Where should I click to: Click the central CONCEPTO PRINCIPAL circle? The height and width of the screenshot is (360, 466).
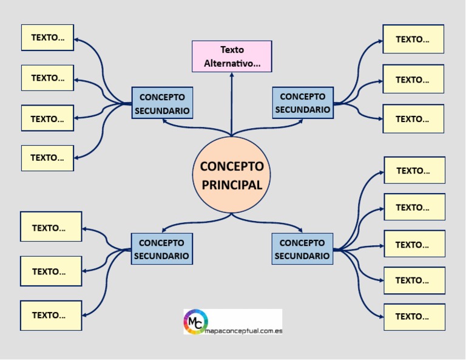pyautogui.click(x=231, y=175)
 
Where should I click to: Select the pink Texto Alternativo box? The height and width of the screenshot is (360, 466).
pyautogui.click(x=232, y=56)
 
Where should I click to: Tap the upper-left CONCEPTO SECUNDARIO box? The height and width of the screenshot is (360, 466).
pyautogui.click(x=162, y=103)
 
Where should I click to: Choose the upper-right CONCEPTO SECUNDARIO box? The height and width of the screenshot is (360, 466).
pyautogui.click(x=302, y=103)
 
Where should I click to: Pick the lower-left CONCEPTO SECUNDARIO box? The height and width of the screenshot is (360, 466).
pyautogui.click(x=161, y=249)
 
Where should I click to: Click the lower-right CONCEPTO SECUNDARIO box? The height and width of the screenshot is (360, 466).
pyautogui.click(x=302, y=249)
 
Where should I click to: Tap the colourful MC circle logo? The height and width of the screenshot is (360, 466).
pyautogui.click(x=196, y=322)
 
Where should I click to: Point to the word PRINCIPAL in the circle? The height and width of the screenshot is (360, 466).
pyautogui.click(x=232, y=185)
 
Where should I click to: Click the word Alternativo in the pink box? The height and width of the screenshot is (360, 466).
pyautogui.click(x=232, y=64)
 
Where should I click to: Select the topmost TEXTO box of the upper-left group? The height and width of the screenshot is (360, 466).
pyautogui.click(x=47, y=38)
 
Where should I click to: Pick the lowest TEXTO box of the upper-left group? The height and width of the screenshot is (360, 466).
pyautogui.click(x=47, y=158)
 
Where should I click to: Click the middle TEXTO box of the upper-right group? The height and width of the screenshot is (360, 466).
pyautogui.click(x=413, y=80)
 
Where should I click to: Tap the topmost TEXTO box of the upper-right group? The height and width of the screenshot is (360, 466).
pyautogui.click(x=413, y=39)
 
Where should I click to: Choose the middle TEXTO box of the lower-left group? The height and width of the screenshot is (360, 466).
pyautogui.click(x=50, y=271)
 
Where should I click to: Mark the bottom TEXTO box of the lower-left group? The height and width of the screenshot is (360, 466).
pyautogui.click(x=50, y=315)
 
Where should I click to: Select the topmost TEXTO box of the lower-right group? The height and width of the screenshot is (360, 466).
pyautogui.click(x=414, y=171)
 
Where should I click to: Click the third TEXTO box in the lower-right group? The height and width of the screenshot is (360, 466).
pyautogui.click(x=414, y=244)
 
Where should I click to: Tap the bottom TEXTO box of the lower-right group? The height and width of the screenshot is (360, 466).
pyautogui.click(x=414, y=316)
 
